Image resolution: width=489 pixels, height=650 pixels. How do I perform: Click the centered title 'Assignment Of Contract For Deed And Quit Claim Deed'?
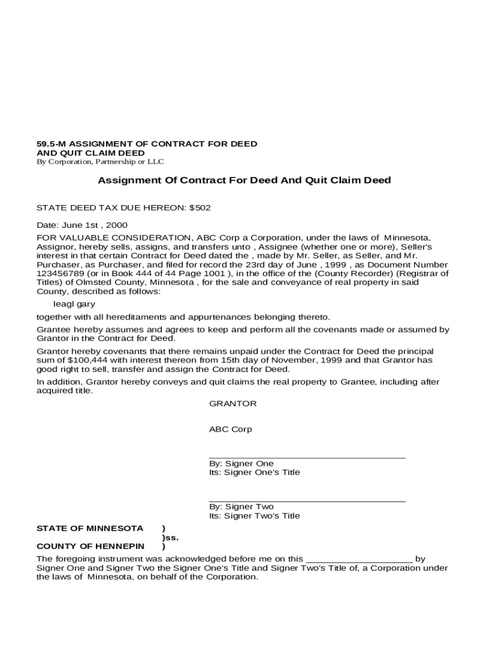pyautogui.click(x=244, y=180)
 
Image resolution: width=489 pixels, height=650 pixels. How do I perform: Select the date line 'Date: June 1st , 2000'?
pyautogui.click(x=82, y=225)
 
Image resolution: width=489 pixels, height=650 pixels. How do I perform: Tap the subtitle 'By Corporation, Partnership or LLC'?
pyautogui.click(x=100, y=162)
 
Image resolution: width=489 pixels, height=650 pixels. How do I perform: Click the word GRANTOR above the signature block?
pyautogui.click(x=232, y=404)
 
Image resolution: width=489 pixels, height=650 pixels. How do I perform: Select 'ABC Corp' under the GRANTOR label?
pyautogui.click(x=231, y=429)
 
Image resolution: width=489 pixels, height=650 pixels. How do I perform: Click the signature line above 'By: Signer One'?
pyautogui.click(x=307, y=457)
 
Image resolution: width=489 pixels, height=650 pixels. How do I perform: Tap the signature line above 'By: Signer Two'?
pyautogui.click(x=307, y=501)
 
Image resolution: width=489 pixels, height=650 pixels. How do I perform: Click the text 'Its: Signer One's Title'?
pyautogui.click(x=254, y=472)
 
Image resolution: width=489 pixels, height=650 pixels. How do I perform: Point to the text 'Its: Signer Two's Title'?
pyautogui.click(x=254, y=516)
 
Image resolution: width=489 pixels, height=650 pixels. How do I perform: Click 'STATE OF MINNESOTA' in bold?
pyautogui.click(x=90, y=528)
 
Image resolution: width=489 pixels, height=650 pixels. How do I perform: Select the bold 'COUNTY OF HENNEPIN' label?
pyautogui.click(x=90, y=546)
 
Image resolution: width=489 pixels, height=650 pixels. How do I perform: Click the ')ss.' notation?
pyautogui.click(x=170, y=537)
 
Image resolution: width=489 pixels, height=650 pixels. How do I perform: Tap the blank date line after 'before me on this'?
pyautogui.click(x=359, y=559)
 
